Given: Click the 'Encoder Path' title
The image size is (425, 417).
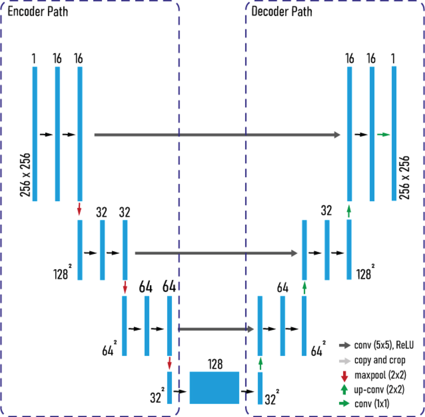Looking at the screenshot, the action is pos(38,11).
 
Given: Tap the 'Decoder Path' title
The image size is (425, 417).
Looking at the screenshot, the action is pos(282,11).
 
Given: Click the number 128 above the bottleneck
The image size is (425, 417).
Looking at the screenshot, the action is pos(215,364).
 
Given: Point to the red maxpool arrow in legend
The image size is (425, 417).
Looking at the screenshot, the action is pos(344,376).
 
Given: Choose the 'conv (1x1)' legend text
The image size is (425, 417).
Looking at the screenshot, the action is pos(372,404).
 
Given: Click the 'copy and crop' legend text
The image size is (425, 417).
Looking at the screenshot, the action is pos(380,360).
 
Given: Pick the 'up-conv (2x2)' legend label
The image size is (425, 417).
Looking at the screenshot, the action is pos(379,390).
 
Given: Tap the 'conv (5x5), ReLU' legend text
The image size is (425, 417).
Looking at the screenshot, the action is pos(384,345).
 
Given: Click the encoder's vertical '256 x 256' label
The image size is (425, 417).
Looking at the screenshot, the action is pos(25,175).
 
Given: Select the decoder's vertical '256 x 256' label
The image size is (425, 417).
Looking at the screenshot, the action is pos(404,177).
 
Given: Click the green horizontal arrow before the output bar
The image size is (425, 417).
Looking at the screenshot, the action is pos(384,134).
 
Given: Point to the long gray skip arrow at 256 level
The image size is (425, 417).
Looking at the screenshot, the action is pos(217,135).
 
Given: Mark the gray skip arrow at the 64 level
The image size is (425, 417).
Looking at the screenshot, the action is pos(216,329).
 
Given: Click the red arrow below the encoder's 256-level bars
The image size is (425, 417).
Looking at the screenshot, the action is pos(79,209).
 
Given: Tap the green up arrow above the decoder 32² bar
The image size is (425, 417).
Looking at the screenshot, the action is pos(260,364).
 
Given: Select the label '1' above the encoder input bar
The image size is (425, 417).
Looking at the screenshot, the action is pos(34,58).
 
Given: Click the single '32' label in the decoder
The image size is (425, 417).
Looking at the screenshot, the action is pos(326,210).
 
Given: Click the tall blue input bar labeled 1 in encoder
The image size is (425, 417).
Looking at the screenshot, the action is pos(35,134).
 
